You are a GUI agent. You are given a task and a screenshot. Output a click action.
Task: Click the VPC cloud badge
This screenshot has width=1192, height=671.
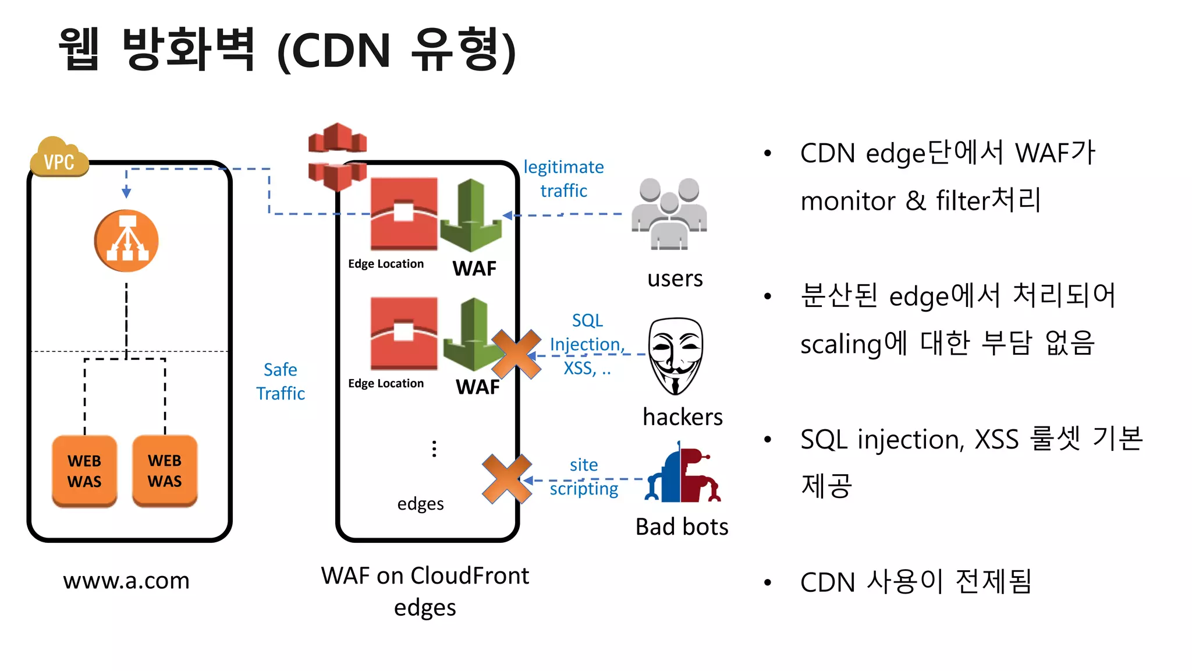pos(59,157)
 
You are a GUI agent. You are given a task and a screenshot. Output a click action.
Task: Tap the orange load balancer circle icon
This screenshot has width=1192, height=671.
pos(126,241)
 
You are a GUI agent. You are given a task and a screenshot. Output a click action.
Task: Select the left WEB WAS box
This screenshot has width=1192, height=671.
pos(84,471)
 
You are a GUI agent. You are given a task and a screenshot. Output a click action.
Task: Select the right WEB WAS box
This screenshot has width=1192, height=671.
pos(165,471)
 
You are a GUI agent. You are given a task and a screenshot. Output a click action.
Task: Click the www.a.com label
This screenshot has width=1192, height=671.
pos(126,581)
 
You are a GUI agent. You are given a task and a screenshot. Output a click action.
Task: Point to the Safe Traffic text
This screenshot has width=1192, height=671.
pos(281,382)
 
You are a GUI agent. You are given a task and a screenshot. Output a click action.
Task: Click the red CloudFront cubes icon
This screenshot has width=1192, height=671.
pos(337,156)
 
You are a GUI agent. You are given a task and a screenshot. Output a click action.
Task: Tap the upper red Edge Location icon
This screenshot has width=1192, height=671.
pos(403,214)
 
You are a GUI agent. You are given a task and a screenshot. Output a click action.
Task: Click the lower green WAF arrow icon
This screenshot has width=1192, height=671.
pos(473,335)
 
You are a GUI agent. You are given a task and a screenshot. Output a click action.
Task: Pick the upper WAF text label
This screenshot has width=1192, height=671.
pos(474,269)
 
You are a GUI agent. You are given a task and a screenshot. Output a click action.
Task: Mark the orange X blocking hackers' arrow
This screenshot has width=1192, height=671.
pos(516,354)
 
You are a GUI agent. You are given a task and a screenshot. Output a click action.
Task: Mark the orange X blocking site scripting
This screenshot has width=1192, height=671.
pos(506,479)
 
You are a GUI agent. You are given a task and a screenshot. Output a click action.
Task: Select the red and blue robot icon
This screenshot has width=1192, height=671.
pos(682,473)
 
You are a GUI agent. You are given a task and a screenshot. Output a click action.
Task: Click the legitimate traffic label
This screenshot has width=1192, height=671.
pos(563,178)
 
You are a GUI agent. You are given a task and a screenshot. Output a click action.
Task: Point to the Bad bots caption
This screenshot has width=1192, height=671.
pos(682,527)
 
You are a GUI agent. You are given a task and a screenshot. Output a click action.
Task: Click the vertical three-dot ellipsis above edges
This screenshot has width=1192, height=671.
pos(434,448)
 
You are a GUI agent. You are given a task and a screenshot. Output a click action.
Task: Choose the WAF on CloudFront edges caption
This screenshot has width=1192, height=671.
pos(425,591)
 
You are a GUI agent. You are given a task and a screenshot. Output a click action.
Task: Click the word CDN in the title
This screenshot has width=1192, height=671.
pos(341,51)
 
